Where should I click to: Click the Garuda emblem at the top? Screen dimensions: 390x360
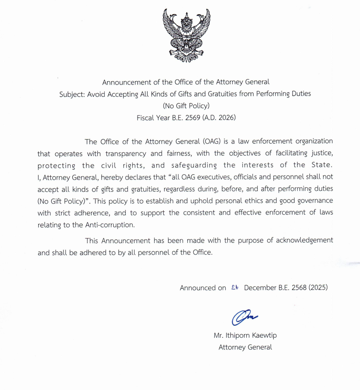click(186, 35)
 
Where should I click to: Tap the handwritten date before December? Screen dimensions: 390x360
click(235, 287)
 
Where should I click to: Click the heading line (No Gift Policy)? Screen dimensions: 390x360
click(186, 105)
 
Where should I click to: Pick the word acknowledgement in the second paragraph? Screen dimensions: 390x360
click(305, 240)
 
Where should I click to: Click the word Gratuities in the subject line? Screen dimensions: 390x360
click(221, 94)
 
